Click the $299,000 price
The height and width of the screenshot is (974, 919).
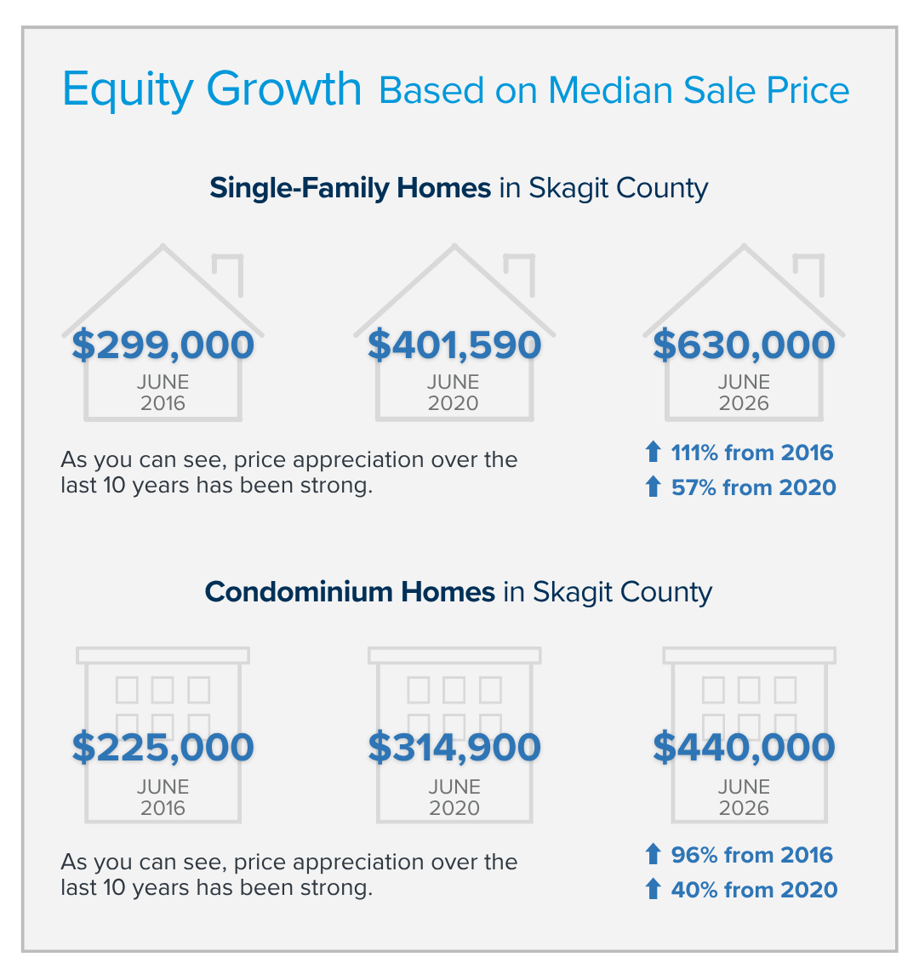coord(163,345)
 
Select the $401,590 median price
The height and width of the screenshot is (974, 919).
coord(454,345)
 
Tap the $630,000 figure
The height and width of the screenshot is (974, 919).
coord(744,345)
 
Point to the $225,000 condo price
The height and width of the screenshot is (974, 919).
coord(163,747)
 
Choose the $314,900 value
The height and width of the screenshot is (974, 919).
coord(454,747)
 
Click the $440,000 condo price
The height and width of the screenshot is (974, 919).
coord(744,747)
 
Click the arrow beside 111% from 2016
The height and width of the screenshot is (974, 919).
coord(653,452)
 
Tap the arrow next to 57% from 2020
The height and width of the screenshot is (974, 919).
coord(653,487)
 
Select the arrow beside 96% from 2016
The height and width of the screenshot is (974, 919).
coord(653,854)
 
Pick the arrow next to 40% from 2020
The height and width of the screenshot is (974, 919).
coord(653,889)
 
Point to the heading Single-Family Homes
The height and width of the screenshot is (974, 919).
coord(350,188)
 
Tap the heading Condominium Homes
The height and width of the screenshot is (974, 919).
coord(350,592)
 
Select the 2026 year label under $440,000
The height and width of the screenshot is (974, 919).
coord(744,808)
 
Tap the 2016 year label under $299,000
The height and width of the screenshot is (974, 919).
coord(163,404)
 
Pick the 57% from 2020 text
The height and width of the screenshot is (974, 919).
coord(754,487)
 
